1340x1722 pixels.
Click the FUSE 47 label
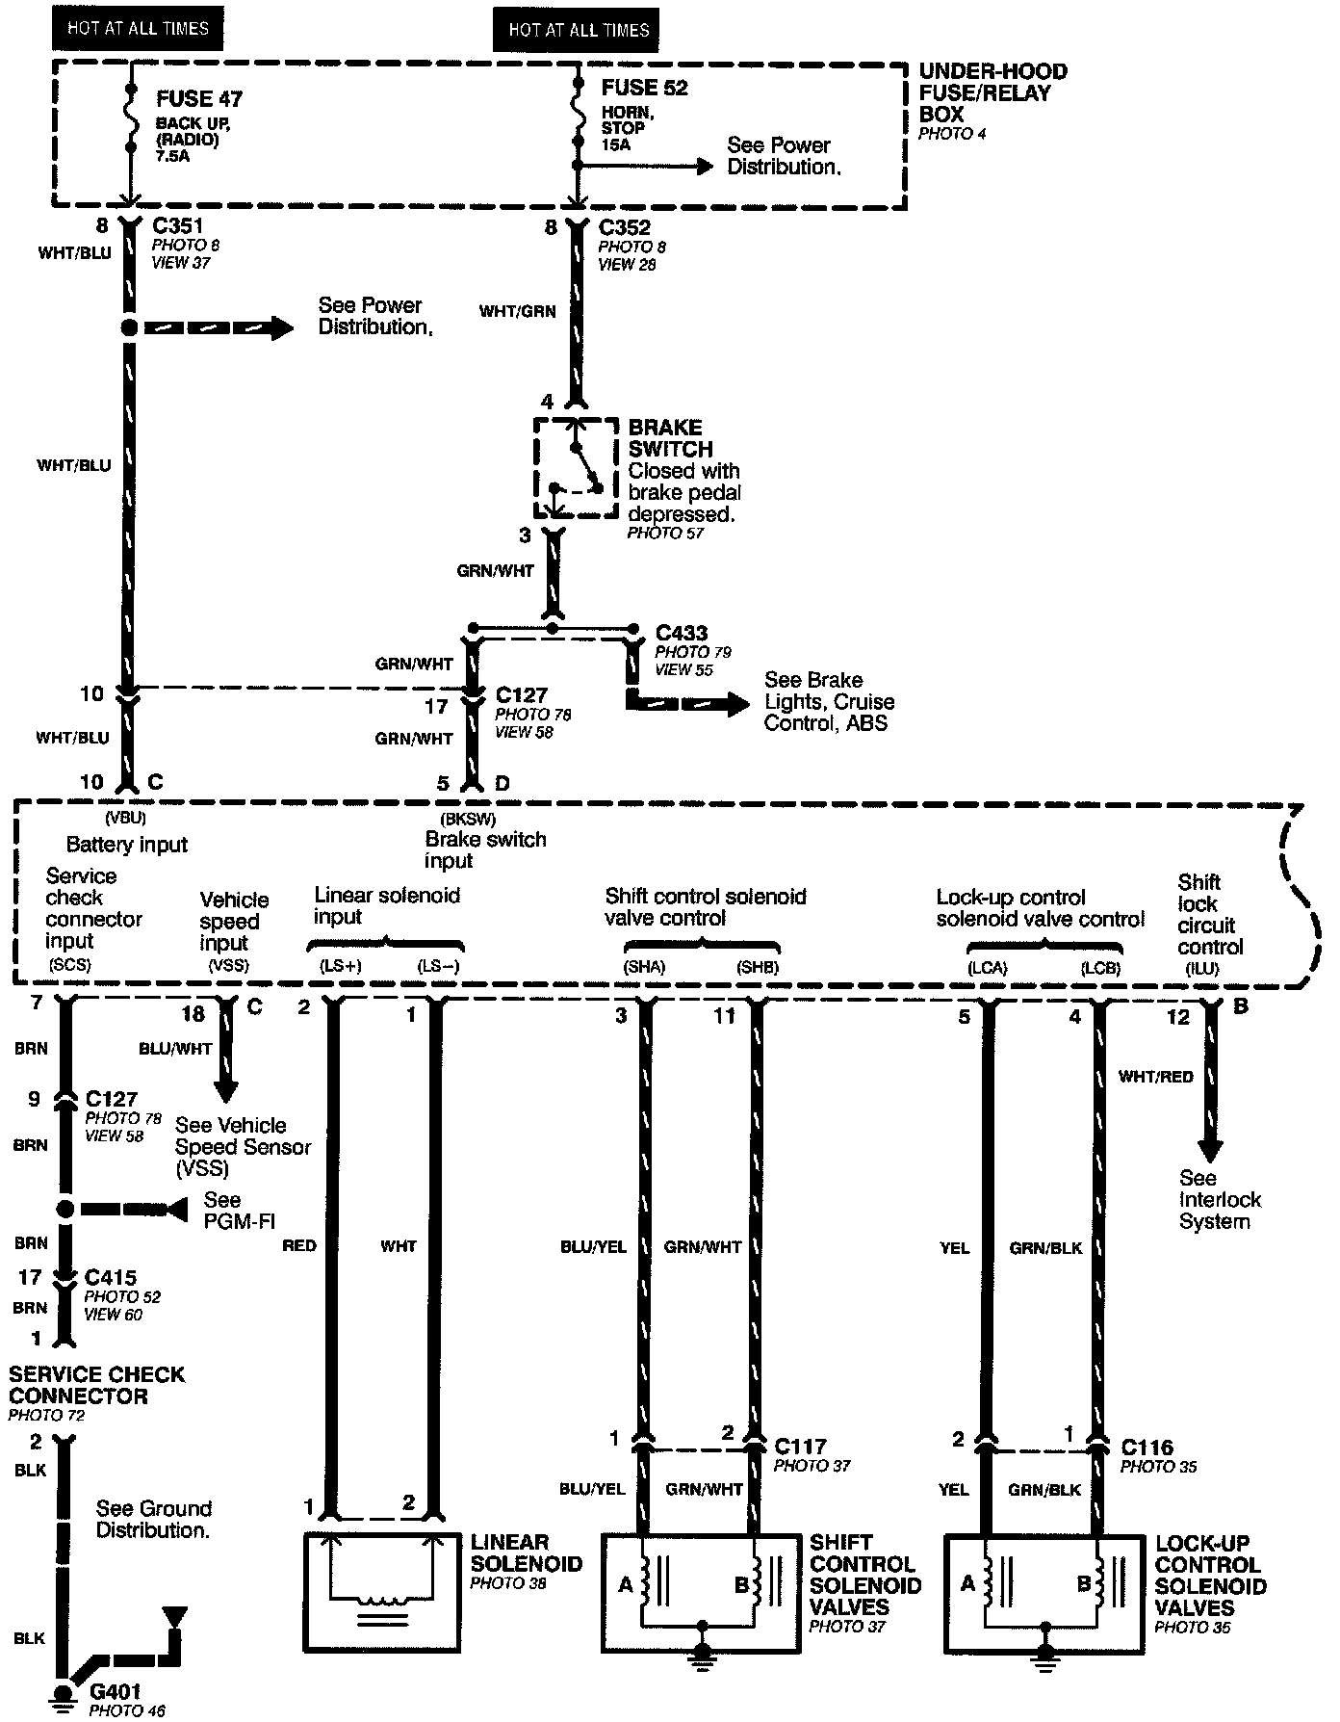pos(199,98)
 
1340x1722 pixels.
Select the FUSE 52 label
pos(644,88)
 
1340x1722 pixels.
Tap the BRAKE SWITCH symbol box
pos(576,468)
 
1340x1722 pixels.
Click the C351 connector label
pos(180,227)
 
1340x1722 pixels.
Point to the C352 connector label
pos(624,228)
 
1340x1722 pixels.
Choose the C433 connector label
pos(681,633)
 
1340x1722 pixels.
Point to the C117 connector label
pos(800,1446)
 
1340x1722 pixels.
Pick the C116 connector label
pos(1147,1448)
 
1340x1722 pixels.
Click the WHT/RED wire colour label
pos(1155,1077)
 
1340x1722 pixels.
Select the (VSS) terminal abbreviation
pos(228,965)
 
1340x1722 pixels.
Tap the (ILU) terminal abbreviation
pos(1202,969)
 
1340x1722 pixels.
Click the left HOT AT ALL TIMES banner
pos(138,28)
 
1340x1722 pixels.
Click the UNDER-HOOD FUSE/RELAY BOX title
pos(992,92)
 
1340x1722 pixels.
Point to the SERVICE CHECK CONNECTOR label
pos(96,1385)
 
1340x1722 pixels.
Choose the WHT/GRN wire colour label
pos(518,311)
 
